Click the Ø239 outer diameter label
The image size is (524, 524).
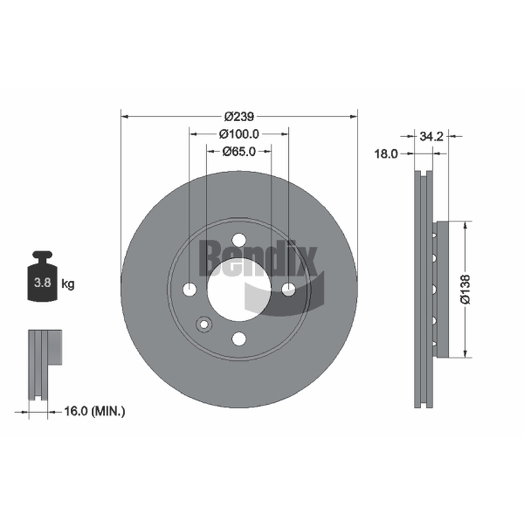[x=239, y=117]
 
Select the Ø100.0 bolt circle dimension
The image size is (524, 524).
[x=239, y=134]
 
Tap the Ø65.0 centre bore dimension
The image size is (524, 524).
[x=239, y=151]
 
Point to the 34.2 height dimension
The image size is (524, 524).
[x=431, y=136]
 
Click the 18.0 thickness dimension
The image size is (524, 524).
[x=386, y=154]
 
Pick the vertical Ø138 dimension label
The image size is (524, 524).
[x=465, y=290]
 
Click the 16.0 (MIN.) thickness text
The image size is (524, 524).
[x=94, y=411]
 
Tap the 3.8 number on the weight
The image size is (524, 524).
[x=43, y=283]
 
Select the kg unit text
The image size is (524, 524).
[x=68, y=284]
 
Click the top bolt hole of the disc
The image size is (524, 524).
[x=239, y=240]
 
